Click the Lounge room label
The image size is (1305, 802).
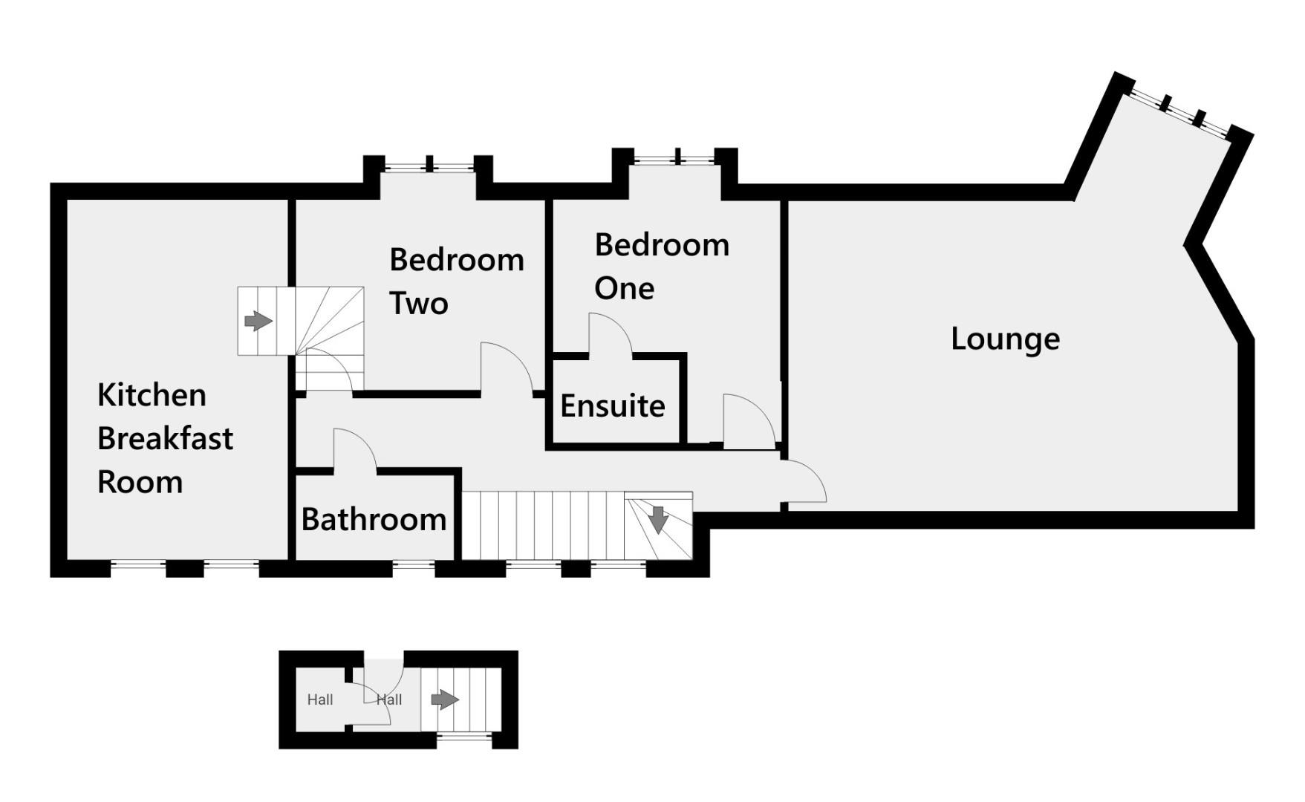pos(1005,339)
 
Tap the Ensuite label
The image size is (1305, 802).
pos(612,406)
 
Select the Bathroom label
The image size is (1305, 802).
pos(374,519)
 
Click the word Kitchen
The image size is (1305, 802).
pos(152,395)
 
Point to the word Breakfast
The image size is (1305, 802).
pos(165,439)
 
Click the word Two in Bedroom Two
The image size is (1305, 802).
pos(418,304)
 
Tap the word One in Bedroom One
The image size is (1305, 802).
pos(624,288)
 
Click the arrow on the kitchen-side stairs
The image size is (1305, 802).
pos(258,321)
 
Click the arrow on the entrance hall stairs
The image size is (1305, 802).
pos(444,700)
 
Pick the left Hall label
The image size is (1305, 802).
pos(320,700)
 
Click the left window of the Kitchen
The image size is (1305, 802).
pos(137,567)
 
